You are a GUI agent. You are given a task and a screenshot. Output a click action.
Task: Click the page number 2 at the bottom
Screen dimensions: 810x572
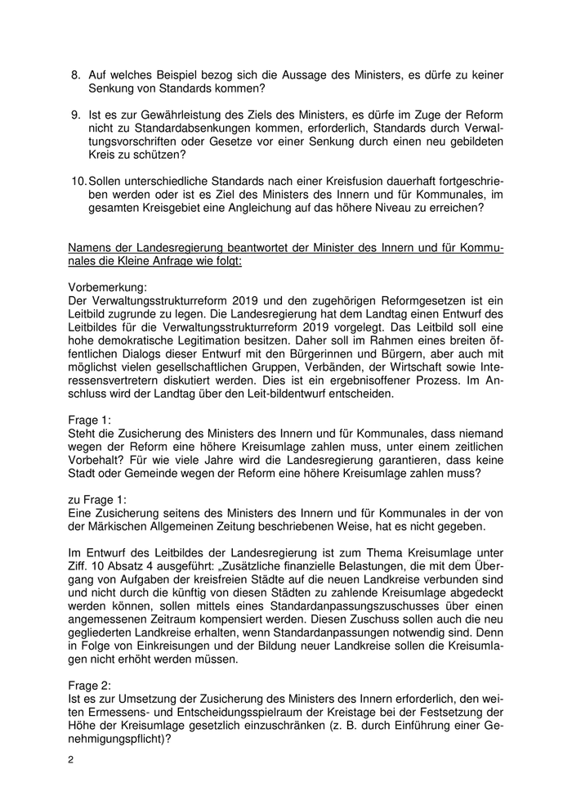70,760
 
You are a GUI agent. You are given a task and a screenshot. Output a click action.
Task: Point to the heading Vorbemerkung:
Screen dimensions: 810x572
107,288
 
